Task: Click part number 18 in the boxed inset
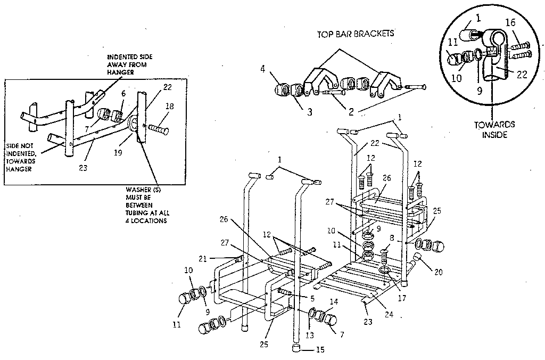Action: (169, 107)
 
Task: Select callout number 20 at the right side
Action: (438, 271)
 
